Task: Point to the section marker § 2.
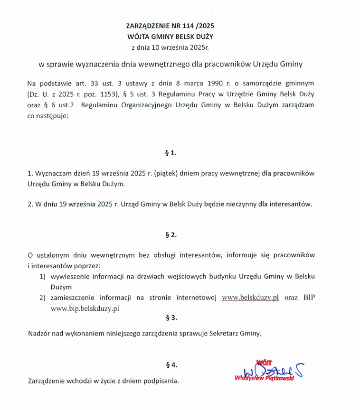click(x=171, y=234)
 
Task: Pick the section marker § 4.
click(x=171, y=365)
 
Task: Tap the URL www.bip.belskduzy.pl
click(x=85, y=308)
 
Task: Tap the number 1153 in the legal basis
click(x=100, y=94)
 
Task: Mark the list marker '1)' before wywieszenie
click(x=42, y=276)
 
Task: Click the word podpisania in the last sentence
click(x=161, y=381)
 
